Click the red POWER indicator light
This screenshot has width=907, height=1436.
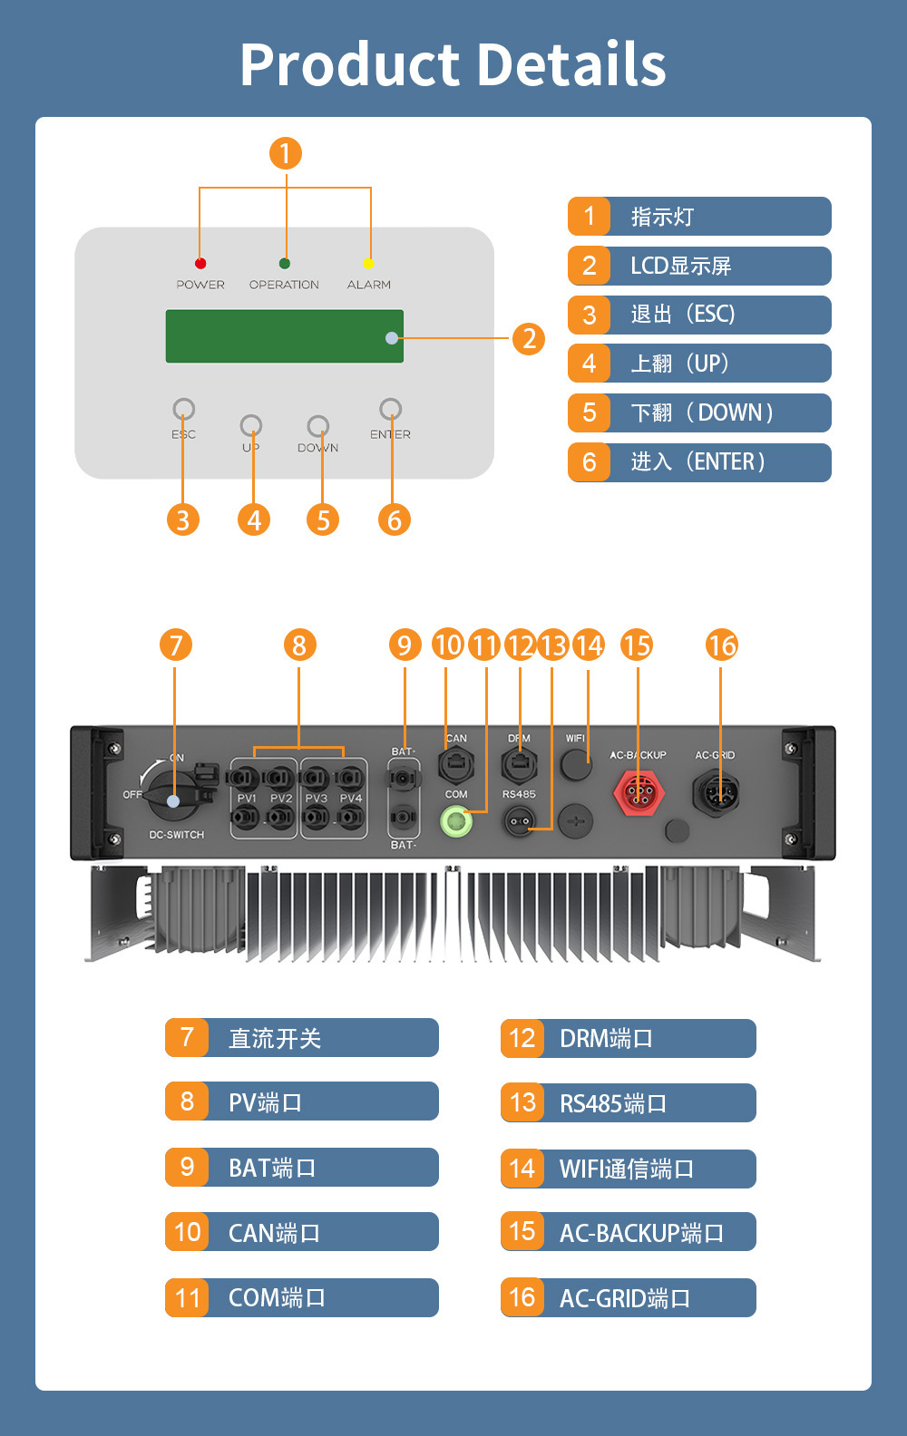(200, 263)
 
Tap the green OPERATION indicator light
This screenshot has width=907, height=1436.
(285, 263)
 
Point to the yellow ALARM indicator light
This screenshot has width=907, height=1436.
(368, 263)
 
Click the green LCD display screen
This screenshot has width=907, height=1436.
(284, 336)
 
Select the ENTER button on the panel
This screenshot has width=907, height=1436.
(390, 409)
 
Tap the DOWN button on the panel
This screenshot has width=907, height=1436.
(317, 425)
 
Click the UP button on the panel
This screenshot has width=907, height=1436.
(251, 425)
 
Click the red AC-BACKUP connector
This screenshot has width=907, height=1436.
(639, 793)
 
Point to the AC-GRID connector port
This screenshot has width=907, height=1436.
(716, 793)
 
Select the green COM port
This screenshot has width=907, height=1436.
(456, 821)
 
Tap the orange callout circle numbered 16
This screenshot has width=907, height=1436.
(722, 645)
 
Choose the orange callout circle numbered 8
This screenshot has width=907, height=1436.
(299, 645)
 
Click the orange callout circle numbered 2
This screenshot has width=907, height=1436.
(529, 339)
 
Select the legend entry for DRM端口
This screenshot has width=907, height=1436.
(628, 1038)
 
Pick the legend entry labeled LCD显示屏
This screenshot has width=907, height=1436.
(699, 266)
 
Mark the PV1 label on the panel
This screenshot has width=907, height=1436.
(247, 799)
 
